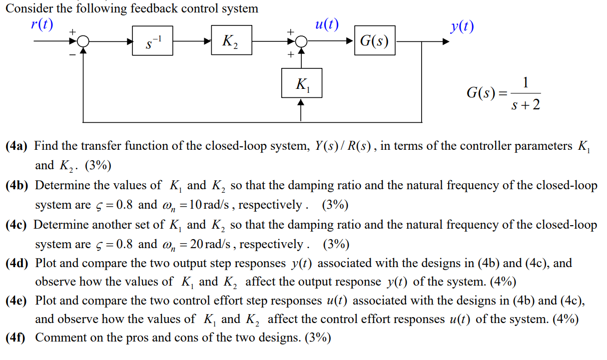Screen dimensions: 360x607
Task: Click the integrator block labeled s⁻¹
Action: pyautogui.click(x=152, y=41)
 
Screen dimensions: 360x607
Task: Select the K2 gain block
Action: pyautogui.click(x=231, y=41)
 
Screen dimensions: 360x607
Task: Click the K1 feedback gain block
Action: pyautogui.click(x=301, y=83)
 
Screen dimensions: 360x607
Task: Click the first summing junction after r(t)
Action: pyautogui.click(x=84, y=42)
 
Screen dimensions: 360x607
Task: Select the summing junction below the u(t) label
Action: pyautogui.click(x=301, y=42)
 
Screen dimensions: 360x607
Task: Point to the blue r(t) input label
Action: pyautogui.click(x=41, y=24)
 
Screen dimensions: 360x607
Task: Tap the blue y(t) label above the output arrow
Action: pyautogui.click(x=461, y=26)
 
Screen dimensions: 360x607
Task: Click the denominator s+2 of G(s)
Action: pyautogui.click(x=526, y=105)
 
